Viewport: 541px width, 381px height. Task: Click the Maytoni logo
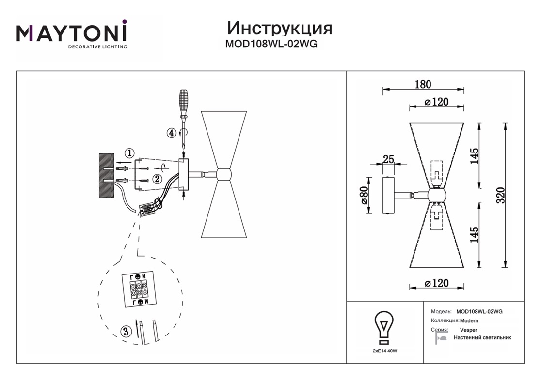point(72,34)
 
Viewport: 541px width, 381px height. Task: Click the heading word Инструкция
point(280,28)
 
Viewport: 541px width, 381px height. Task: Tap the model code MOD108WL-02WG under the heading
point(271,44)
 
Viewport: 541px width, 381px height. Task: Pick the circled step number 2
point(157,179)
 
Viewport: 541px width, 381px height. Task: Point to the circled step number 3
point(126,332)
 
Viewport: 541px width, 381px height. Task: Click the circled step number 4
point(171,133)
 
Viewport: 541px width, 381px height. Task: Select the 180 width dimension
point(423,84)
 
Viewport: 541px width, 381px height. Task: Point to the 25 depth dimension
point(388,159)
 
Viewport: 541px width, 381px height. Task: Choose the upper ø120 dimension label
point(436,102)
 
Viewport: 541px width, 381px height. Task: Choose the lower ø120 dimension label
point(436,283)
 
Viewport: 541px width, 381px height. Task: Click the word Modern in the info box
point(469,320)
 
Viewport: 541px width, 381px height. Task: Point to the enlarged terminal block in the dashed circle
point(138,290)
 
